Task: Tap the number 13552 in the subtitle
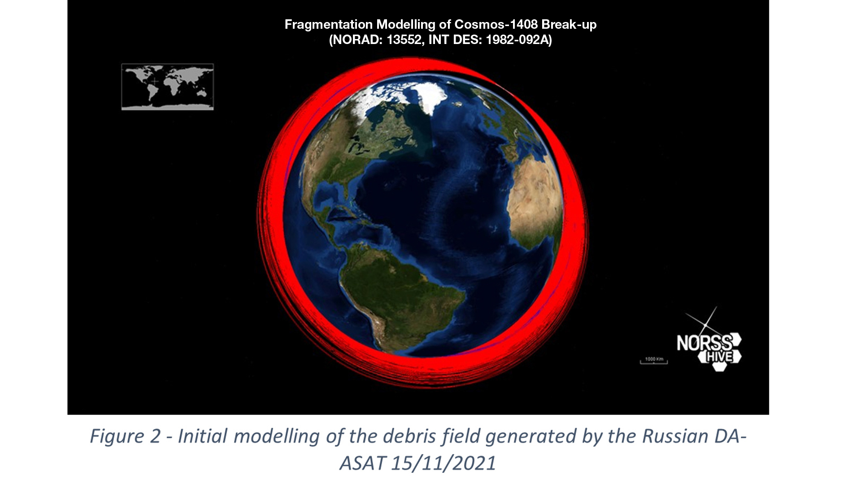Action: (x=405, y=40)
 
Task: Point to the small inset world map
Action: (x=167, y=87)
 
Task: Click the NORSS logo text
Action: (x=704, y=344)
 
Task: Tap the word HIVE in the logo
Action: (x=719, y=357)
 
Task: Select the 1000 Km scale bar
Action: (x=654, y=361)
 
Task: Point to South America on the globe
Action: (x=395, y=292)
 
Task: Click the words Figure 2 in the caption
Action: (x=125, y=436)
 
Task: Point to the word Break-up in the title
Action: (x=569, y=25)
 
